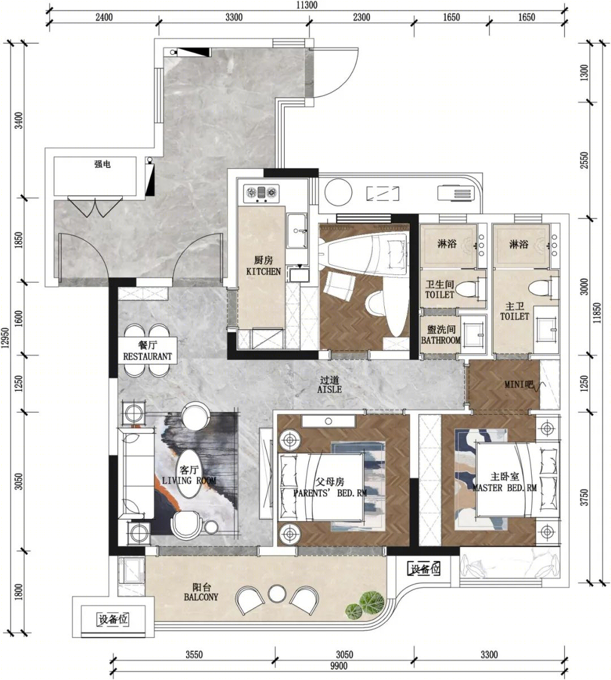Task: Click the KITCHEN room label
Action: pyautogui.click(x=264, y=271)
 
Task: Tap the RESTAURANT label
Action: pyautogui.click(x=148, y=356)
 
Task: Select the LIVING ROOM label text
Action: pyautogui.click(x=190, y=481)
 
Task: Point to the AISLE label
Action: pyautogui.click(x=330, y=389)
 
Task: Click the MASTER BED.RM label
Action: pyautogui.click(x=505, y=488)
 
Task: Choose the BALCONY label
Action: pyautogui.click(x=201, y=597)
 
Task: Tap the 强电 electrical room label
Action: pyautogui.click(x=102, y=164)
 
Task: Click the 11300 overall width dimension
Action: pyautogui.click(x=307, y=5)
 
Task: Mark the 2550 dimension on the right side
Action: pyautogui.click(x=584, y=161)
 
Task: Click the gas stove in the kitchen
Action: pyautogui.click(x=261, y=194)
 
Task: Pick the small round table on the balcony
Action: pyautogui.click(x=277, y=594)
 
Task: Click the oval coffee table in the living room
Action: pyautogui.click(x=188, y=474)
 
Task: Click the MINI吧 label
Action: pyautogui.click(x=519, y=384)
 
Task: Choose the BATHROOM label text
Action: pyautogui.click(x=441, y=340)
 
